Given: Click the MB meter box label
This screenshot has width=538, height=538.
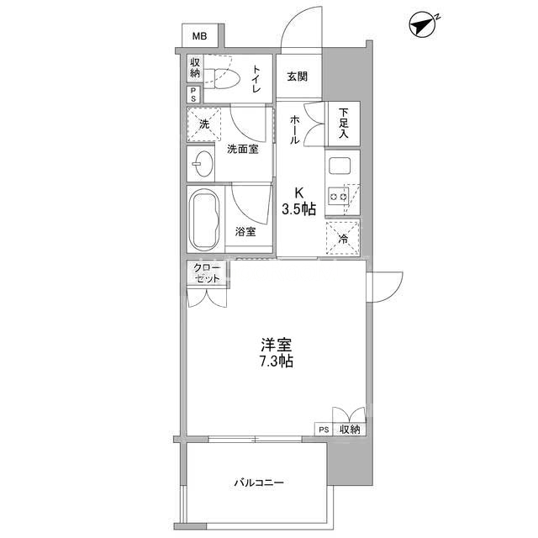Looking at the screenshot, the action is [x=199, y=35].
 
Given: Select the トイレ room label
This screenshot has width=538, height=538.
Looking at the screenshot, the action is [x=256, y=78].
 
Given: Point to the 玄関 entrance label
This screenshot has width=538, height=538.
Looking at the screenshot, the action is [x=297, y=76].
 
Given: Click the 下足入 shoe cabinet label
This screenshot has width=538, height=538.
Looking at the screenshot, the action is [x=344, y=124].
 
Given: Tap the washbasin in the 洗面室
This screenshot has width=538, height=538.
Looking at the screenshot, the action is [x=203, y=164].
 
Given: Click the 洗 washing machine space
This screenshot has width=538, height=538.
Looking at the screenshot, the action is [x=204, y=124].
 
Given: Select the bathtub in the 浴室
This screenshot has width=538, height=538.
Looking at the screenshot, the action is [x=204, y=219].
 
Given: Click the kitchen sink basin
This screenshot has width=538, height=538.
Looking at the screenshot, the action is [x=339, y=166].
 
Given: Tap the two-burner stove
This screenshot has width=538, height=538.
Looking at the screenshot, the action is [x=338, y=197].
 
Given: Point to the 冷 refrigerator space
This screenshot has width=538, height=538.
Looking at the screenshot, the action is [x=343, y=238].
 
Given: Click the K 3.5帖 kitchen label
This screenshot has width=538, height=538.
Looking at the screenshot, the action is [x=299, y=202].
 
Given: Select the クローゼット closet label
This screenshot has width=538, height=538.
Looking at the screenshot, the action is [x=208, y=273].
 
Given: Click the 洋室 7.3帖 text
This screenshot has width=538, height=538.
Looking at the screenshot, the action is [x=277, y=353].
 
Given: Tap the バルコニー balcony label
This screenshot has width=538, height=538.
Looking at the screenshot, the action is [x=259, y=483].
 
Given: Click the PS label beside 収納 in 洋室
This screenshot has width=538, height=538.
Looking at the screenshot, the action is [x=324, y=430].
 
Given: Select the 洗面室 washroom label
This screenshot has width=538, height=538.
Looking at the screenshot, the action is [x=243, y=150].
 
